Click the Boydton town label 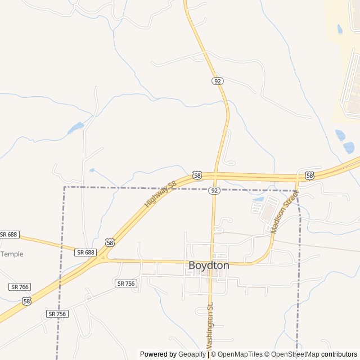[209, 265]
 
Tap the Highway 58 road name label [160, 193]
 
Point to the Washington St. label [210, 326]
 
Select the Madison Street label [284, 211]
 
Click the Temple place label [12, 254]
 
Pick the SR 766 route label [20, 287]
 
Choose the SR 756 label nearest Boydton [126, 283]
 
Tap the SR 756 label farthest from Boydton [57, 314]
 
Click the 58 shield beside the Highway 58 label [197, 175]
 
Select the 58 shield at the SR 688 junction [110, 242]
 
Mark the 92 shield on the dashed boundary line [214, 191]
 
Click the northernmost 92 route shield [218, 81]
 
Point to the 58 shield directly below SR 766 [26, 301]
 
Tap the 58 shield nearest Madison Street [309, 175]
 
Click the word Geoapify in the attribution [192, 354]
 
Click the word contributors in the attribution [339, 354]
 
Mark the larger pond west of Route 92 [75, 128]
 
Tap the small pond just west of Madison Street [259, 199]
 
